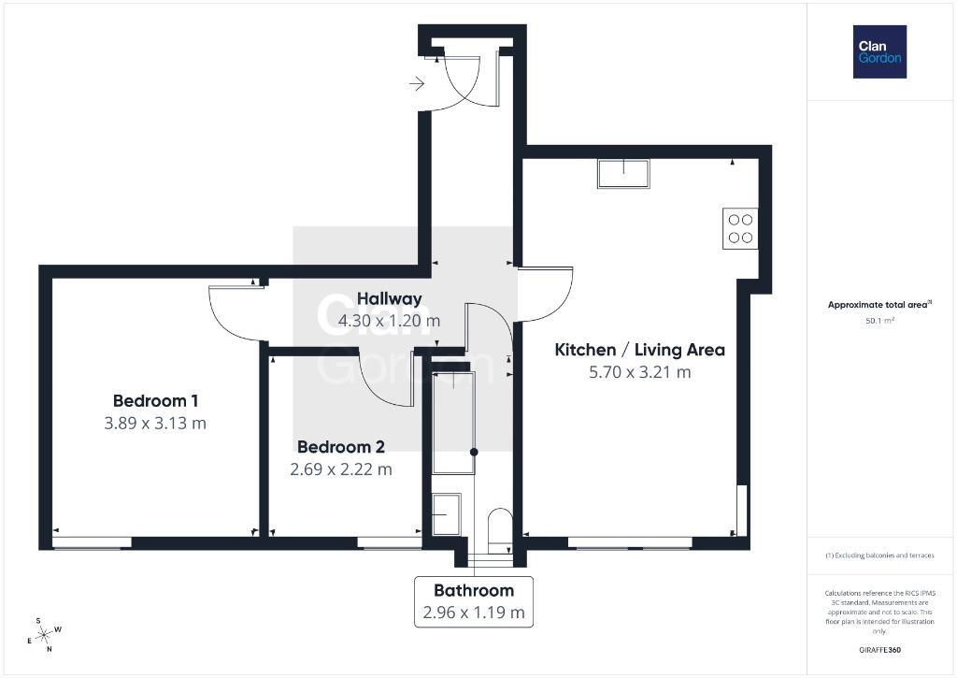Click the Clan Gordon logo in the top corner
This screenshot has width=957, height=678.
(879, 52)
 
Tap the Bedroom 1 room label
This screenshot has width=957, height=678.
(156, 401)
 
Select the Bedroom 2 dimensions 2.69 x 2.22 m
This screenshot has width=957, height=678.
(340, 469)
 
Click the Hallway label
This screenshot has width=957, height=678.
(390, 298)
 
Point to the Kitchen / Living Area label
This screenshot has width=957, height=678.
(639, 350)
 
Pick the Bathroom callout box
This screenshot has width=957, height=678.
(474, 601)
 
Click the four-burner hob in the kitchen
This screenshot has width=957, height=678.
(740, 228)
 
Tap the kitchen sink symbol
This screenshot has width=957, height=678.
(623, 173)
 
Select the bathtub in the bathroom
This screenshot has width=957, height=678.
(453, 423)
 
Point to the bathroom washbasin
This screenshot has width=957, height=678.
(446, 514)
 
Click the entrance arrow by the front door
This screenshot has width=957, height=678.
(417, 83)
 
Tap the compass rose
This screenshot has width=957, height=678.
(45, 635)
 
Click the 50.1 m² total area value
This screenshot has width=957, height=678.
(879, 320)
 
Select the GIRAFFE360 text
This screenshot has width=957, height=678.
(879, 650)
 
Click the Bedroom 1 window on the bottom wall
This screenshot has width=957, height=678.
(93, 542)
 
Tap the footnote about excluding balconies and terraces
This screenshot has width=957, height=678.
(879, 555)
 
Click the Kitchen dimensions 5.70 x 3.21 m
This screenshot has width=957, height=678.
(639, 372)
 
